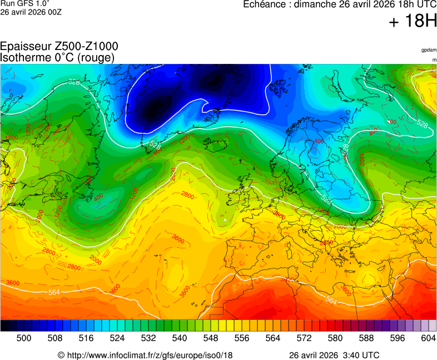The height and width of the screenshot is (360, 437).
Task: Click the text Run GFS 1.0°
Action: (x=25, y=4)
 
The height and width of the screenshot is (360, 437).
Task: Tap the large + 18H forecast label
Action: (x=413, y=22)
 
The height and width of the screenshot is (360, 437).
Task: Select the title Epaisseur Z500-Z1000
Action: (x=59, y=47)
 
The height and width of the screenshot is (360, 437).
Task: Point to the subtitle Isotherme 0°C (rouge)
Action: (x=57, y=58)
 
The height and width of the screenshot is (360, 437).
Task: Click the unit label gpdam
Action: (x=429, y=50)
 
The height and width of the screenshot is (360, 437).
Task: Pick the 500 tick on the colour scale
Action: (x=24, y=338)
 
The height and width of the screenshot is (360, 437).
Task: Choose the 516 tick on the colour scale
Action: (x=86, y=338)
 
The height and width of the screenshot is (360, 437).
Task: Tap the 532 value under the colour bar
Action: (x=148, y=338)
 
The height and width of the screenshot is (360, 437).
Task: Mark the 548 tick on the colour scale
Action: (x=211, y=338)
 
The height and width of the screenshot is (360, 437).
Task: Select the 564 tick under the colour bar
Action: (x=273, y=338)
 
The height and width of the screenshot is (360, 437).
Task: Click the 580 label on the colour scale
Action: (x=335, y=338)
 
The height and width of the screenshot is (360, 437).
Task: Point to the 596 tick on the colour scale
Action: (x=398, y=338)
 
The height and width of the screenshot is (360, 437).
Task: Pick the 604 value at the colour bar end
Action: (x=428, y=338)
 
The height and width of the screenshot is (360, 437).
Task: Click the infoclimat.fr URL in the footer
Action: (x=145, y=355)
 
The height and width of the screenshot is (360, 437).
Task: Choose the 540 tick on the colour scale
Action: (x=180, y=338)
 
